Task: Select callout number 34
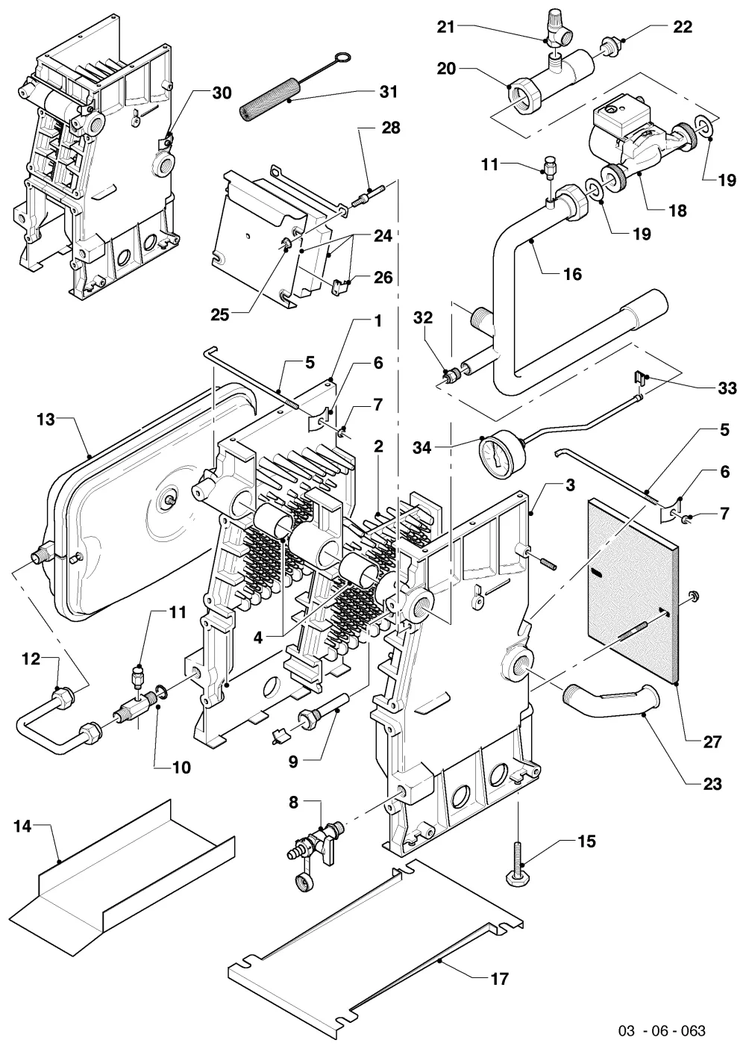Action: coord(421,448)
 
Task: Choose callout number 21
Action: coord(445,27)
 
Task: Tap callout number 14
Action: coord(22,827)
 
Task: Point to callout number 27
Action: coord(712,742)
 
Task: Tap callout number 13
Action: coord(46,420)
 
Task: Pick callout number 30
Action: coord(222,93)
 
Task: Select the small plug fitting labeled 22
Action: coord(611,45)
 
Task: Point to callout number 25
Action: coord(219,315)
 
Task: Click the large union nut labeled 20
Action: coord(525,95)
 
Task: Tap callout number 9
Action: coord(293,762)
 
